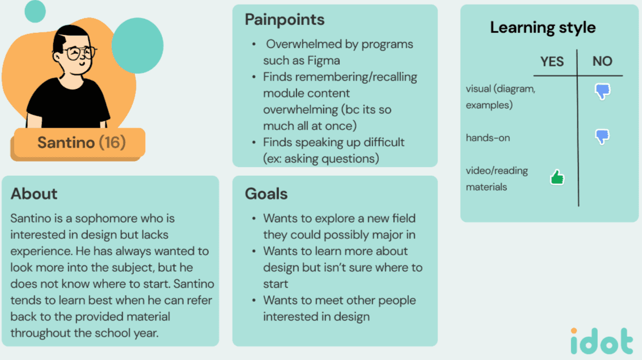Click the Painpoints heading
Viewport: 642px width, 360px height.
click(x=284, y=20)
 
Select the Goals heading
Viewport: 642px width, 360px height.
click(x=266, y=194)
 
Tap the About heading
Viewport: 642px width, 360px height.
click(x=34, y=194)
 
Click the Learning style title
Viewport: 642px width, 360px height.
click(x=543, y=28)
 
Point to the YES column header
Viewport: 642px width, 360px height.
click(x=552, y=62)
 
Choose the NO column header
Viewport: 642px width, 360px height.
click(x=602, y=61)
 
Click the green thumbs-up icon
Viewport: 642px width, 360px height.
click(x=557, y=177)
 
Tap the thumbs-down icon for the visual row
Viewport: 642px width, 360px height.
click(x=602, y=91)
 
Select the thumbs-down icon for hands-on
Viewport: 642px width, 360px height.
click(x=602, y=137)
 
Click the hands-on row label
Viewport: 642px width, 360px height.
click(x=488, y=138)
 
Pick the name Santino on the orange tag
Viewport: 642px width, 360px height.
click(x=66, y=142)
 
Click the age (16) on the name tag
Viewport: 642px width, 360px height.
click(x=112, y=142)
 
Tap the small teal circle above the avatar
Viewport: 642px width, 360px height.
click(x=35, y=11)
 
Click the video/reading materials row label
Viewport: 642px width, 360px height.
click(x=497, y=179)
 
